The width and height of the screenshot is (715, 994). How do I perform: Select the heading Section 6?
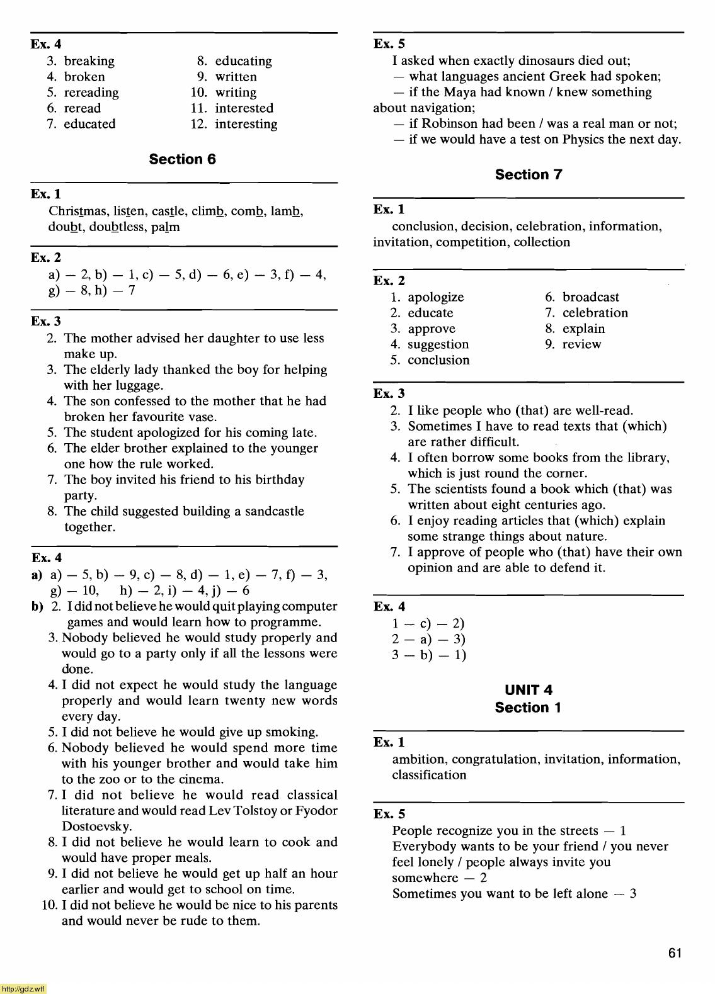tap(182, 159)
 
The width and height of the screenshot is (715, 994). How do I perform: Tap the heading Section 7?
tap(528, 174)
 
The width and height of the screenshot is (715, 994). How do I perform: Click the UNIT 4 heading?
tap(528, 690)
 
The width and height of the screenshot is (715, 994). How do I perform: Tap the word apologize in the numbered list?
tap(435, 297)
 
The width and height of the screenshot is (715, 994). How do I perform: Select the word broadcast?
tap(590, 297)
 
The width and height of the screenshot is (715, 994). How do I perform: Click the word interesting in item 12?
tap(246, 124)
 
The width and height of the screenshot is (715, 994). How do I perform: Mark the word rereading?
tap(91, 93)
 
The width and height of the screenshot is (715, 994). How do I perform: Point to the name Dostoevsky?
tap(96, 827)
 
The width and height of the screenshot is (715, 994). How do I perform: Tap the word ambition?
tap(419, 759)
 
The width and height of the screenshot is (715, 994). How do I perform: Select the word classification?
tap(429, 775)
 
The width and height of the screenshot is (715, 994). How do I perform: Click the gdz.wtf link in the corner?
tap(23, 989)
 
